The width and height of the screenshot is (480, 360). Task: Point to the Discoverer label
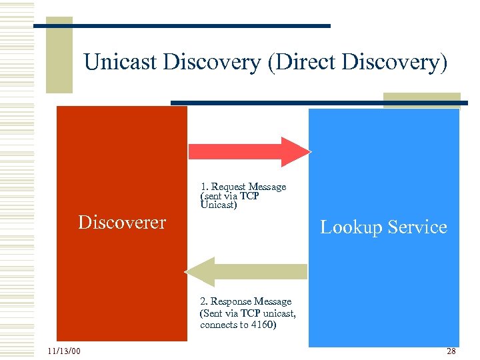(x=122, y=222)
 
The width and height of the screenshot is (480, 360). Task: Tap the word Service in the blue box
(x=417, y=227)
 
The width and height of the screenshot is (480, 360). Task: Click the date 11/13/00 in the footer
(x=64, y=351)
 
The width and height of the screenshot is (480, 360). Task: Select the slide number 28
(x=451, y=351)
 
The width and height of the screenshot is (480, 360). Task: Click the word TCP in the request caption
(x=249, y=196)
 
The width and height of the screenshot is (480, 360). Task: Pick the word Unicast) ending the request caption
(x=218, y=205)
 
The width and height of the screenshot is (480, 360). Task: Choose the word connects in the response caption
(x=217, y=325)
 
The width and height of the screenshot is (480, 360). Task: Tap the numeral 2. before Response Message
(x=203, y=301)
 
